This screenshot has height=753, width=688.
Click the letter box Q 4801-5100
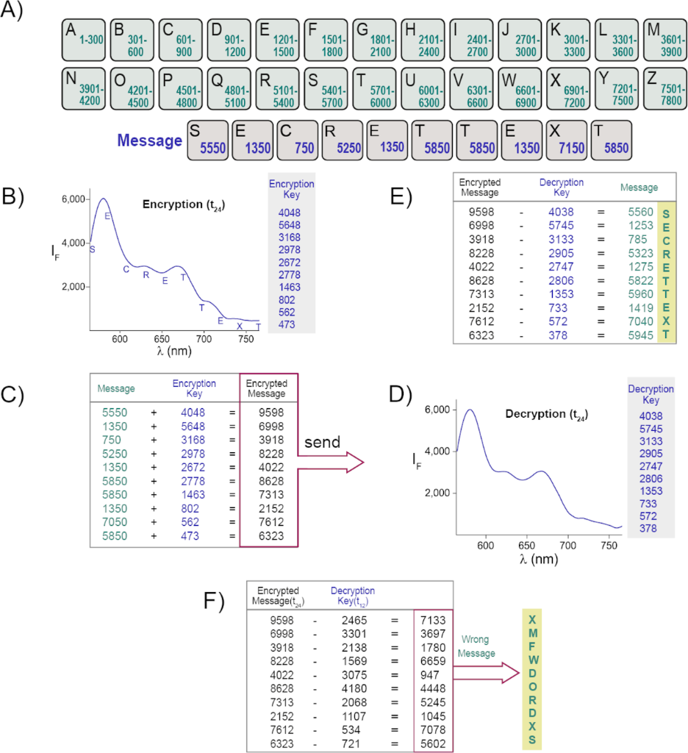pos(230,89)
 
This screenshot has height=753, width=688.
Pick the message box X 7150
pos(567,139)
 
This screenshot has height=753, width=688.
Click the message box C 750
pos(298,139)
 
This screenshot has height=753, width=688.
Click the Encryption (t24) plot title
pos(183,205)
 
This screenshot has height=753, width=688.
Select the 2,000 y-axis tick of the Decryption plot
pos(438,512)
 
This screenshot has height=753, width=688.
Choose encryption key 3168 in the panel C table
pos(194,440)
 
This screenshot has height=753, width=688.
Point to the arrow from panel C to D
pos(330,463)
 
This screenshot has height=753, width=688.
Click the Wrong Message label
pos(475,646)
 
